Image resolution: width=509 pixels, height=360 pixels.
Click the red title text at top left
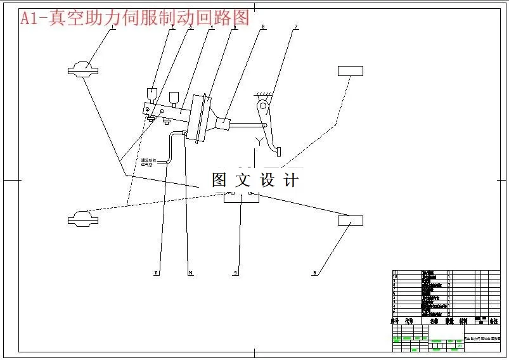click(x=135, y=18)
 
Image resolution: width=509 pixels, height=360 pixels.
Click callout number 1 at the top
click(x=113, y=27)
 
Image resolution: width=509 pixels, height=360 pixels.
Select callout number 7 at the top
click(x=295, y=27)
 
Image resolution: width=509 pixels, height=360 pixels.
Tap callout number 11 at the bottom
click(x=156, y=273)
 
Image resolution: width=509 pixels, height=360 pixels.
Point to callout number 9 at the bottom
click(x=235, y=273)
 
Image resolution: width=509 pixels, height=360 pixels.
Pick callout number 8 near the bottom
click(x=314, y=273)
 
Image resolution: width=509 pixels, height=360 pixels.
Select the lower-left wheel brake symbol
click(x=83, y=219)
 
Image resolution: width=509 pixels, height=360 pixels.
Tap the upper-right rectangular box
click(x=351, y=70)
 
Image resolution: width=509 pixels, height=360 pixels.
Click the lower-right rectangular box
click(x=351, y=221)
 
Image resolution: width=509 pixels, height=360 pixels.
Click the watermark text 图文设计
click(x=255, y=180)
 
